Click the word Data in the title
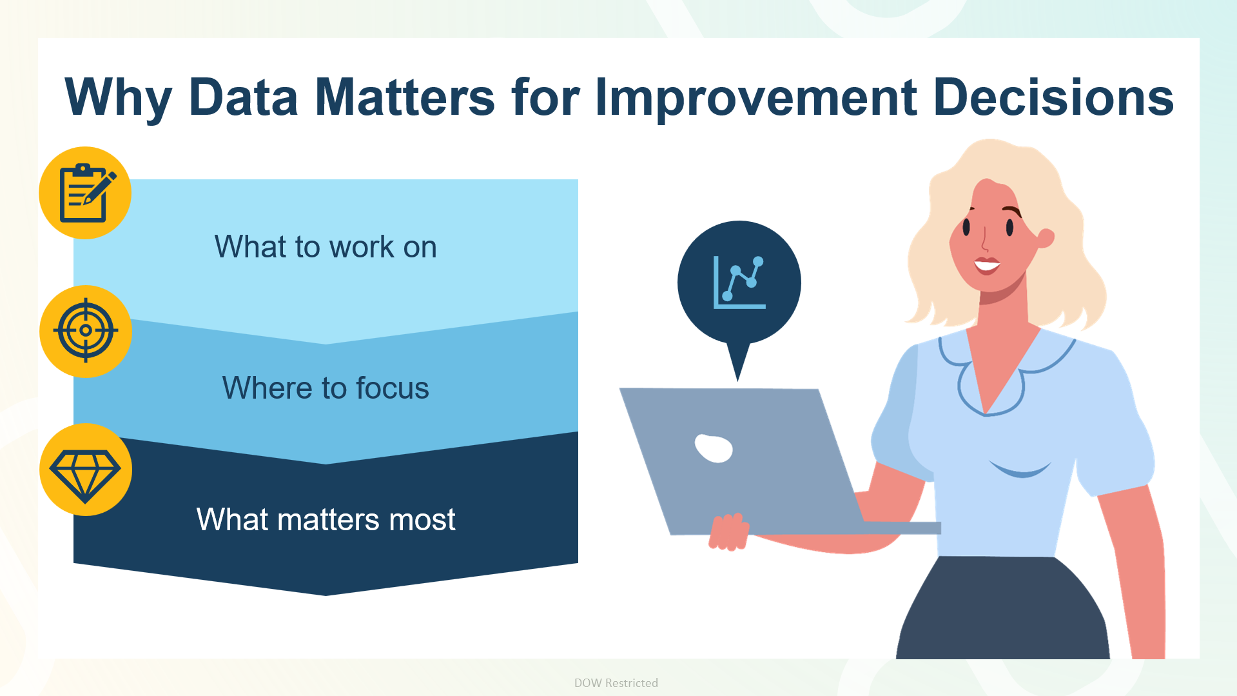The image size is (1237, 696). [243, 97]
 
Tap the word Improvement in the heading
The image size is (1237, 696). [755, 98]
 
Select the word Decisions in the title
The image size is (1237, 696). [1053, 97]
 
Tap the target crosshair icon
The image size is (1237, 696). [86, 331]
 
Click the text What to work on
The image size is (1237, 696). [326, 246]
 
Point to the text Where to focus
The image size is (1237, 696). [326, 388]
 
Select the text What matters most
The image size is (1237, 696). [326, 519]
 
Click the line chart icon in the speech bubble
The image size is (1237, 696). [739, 283]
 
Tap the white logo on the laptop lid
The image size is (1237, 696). [714, 448]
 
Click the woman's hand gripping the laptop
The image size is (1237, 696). [728, 532]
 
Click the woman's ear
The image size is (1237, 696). [1046, 238]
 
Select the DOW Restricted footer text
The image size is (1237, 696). [616, 683]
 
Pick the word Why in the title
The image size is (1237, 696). [119, 98]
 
